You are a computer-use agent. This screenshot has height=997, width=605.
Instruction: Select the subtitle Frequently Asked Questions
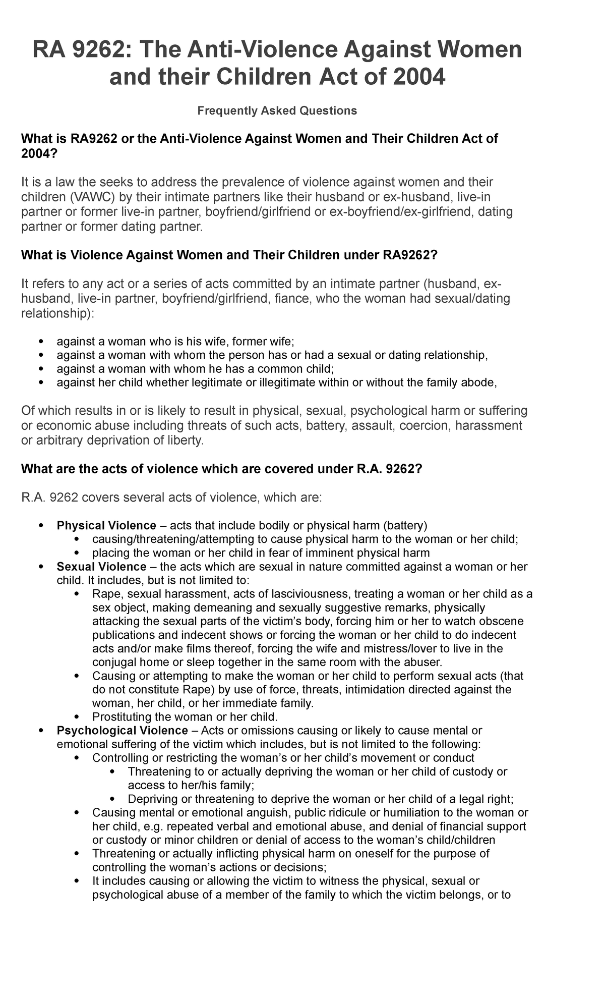tap(277, 110)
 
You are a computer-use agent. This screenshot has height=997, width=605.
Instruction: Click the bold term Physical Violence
tap(106, 525)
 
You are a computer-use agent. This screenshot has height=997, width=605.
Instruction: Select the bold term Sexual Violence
tap(101, 567)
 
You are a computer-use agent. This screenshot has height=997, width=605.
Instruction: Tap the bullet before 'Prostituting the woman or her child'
tap(77, 717)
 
